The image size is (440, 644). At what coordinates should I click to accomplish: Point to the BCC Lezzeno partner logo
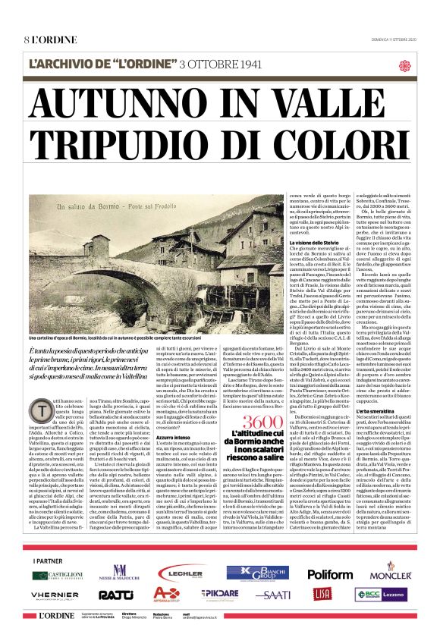(381, 594)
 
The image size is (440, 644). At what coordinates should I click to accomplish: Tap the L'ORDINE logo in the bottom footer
(56, 616)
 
